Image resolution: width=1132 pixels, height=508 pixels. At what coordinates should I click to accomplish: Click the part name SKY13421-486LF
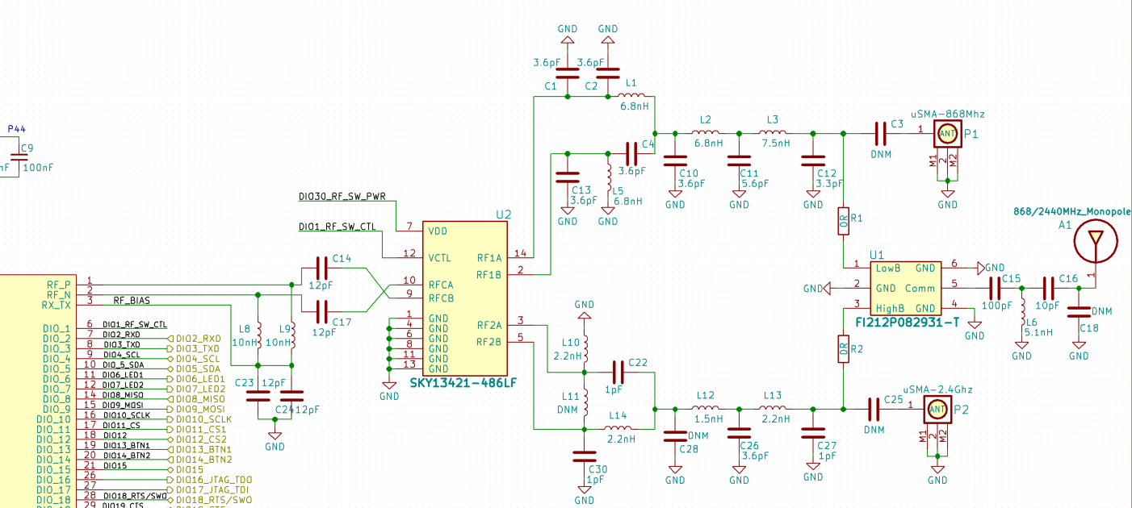[x=463, y=383]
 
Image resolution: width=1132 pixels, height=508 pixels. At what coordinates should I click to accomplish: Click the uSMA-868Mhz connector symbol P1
[x=947, y=134]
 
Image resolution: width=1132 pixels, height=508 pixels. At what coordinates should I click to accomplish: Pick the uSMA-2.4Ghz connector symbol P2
[x=937, y=410]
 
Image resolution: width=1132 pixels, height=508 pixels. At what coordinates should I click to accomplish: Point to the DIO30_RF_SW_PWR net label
[x=342, y=196]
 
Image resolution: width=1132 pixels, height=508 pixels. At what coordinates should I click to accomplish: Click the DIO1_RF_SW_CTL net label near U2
[x=337, y=227]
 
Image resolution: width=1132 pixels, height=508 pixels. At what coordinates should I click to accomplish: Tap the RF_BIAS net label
[x=132, y=301]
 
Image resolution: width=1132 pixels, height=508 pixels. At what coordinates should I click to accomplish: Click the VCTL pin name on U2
[x=440, y=258]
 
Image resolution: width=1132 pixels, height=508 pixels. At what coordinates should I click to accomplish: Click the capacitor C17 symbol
[x=321, y=309]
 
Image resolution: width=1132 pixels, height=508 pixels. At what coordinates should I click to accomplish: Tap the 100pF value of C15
[x=997, y=306]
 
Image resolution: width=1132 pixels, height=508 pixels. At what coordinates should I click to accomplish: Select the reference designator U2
[x=504, y=214]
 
